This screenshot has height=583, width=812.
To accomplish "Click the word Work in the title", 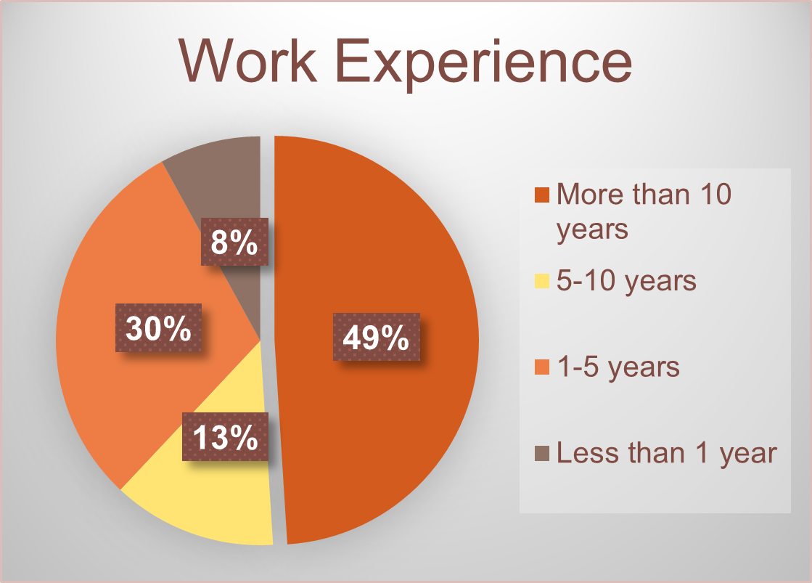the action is click(x=247, y=62).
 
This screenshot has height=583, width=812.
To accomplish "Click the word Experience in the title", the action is click(x=484, y=65).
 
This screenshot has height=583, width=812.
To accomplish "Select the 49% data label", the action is click(x=376, y=337).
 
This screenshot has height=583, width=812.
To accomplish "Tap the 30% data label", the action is click(x=158, y=328).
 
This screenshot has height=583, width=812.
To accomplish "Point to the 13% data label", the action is click(x=225, y=436).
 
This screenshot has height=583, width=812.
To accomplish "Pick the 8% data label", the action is click(x=234, y=242).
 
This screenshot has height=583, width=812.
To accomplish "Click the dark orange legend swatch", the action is click(x=541, y=195).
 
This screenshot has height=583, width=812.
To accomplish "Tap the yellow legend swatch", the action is click(x=541, y=281).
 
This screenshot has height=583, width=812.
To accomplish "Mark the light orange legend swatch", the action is click(x=541, y=367).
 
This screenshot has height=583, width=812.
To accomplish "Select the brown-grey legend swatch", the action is click(x=541, y=454).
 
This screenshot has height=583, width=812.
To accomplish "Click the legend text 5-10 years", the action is click(x=626, y=282).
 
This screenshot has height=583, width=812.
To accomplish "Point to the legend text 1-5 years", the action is click(x=618, y=368).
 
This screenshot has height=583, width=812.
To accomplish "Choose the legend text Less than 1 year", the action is click(x=667, y=454).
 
